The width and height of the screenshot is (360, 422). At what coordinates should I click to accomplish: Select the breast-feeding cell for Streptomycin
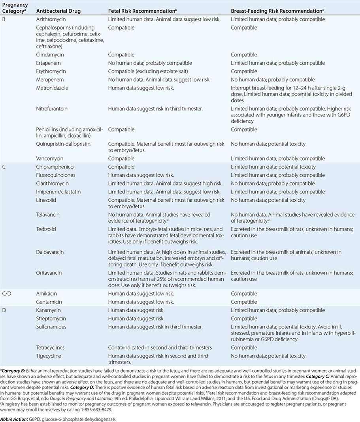(244, 319)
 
